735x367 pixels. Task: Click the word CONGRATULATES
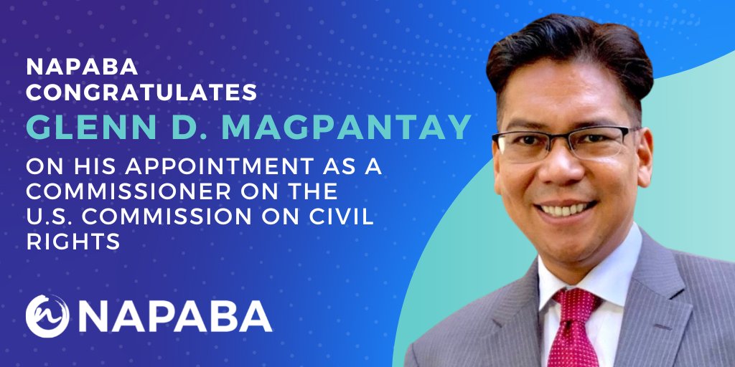pos(141,92)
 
